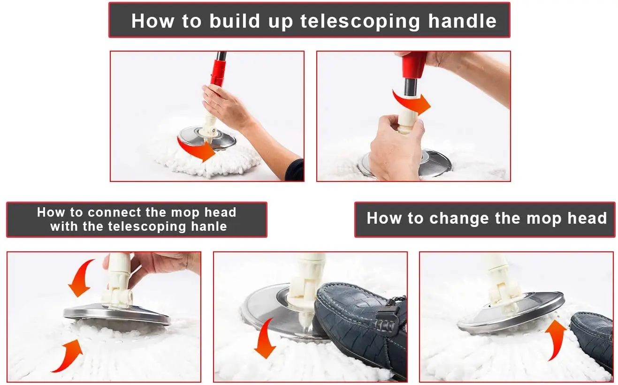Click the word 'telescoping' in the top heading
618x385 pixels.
(360, 22)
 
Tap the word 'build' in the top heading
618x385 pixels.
(235, 21)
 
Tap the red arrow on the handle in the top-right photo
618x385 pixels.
(411, 102)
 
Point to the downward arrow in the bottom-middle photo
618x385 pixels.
(264, 338)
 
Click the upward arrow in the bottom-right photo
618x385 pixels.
(555, 339)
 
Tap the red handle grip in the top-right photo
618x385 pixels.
(413, 65)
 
